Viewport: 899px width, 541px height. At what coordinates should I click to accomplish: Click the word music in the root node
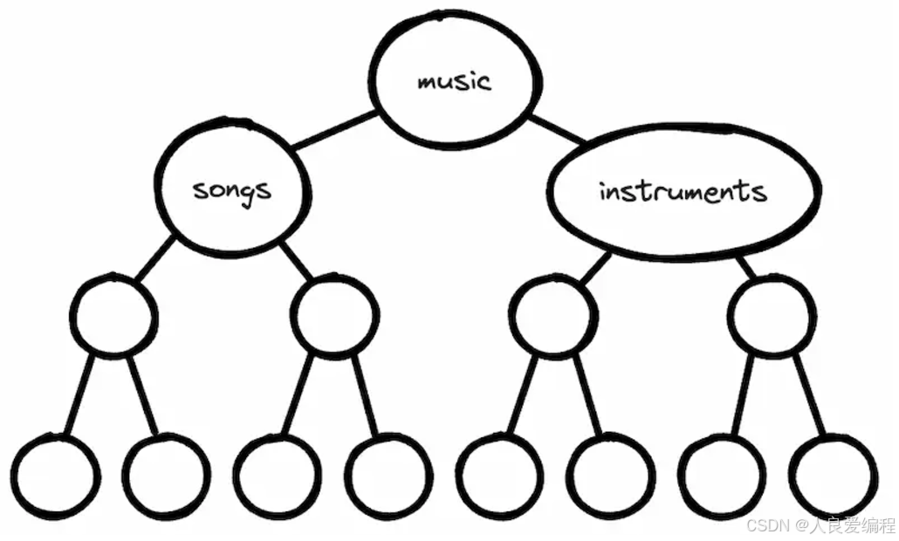(x=454, y=82)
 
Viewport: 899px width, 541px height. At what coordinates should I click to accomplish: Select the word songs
(x=232, y=188)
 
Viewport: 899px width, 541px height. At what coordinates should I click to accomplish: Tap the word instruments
(x=683, y=191)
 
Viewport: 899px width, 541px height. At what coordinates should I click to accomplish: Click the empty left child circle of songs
(x=114, y=316)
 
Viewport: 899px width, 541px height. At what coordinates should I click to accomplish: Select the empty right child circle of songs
(x=335, y=316)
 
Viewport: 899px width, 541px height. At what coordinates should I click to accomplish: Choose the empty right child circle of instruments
(x=772, y=316)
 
